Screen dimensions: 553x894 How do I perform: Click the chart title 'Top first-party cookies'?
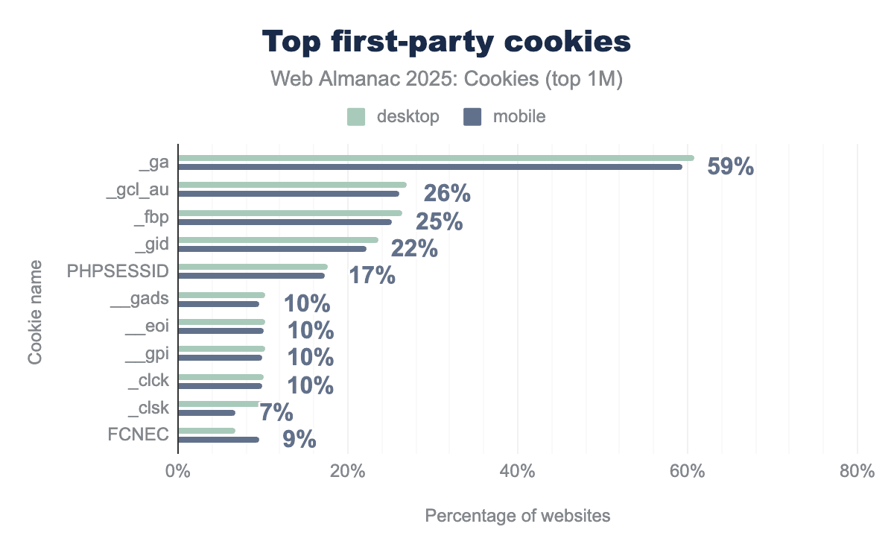click(446, 42)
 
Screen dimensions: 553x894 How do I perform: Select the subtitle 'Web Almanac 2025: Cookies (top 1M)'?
click(446, 80)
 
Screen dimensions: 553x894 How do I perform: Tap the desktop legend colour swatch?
click(356, 117)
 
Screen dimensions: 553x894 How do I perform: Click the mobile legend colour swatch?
click(473, 117)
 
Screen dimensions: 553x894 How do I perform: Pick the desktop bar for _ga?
click(436, 158)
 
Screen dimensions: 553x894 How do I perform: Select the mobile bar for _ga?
click(430, 167)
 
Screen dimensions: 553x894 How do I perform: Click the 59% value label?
click(730, 166)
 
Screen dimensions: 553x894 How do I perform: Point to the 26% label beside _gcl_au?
click(447, 194)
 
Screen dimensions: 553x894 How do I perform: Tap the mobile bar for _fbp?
click(285, 221)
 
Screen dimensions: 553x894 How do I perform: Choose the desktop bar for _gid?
click(278, 240)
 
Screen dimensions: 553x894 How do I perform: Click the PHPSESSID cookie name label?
click(118, 271)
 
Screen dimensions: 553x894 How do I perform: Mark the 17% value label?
click(372, 276)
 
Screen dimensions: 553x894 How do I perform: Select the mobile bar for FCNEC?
click(218, 440)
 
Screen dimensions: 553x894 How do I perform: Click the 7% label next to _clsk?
click(276, 412)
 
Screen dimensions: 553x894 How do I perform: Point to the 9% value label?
click(299, 440)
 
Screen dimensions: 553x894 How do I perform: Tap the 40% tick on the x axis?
click(517, 472)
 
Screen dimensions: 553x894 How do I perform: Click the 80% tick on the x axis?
click(857, 472)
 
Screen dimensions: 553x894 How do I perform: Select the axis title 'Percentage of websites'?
click(517, 516)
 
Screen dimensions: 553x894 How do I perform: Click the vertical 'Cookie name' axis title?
click(35, 312)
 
